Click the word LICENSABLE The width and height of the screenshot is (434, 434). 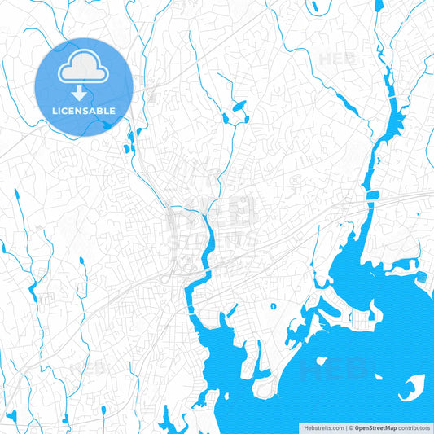83,110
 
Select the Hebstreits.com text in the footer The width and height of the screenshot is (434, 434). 322,427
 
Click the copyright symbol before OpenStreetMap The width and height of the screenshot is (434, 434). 350,427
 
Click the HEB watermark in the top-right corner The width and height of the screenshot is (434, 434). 335,59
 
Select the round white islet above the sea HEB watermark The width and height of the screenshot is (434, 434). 322,359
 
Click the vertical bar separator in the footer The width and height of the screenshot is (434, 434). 345,427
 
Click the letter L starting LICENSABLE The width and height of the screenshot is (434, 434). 54,110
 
